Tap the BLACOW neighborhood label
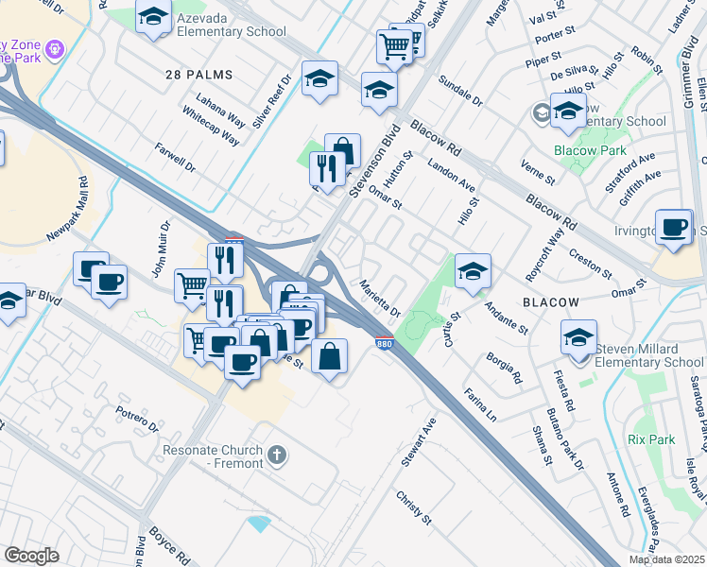click(x=550, y=301)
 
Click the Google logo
click(x=32, y=556)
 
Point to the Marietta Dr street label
click(x=382, y=299)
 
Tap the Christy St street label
click(x=413, y=507)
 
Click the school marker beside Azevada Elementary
click(x=152, y=18)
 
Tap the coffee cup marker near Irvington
click(x=672, y=227)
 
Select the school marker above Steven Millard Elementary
click(x=578, y=336)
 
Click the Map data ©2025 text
click(x=666, y=559)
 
